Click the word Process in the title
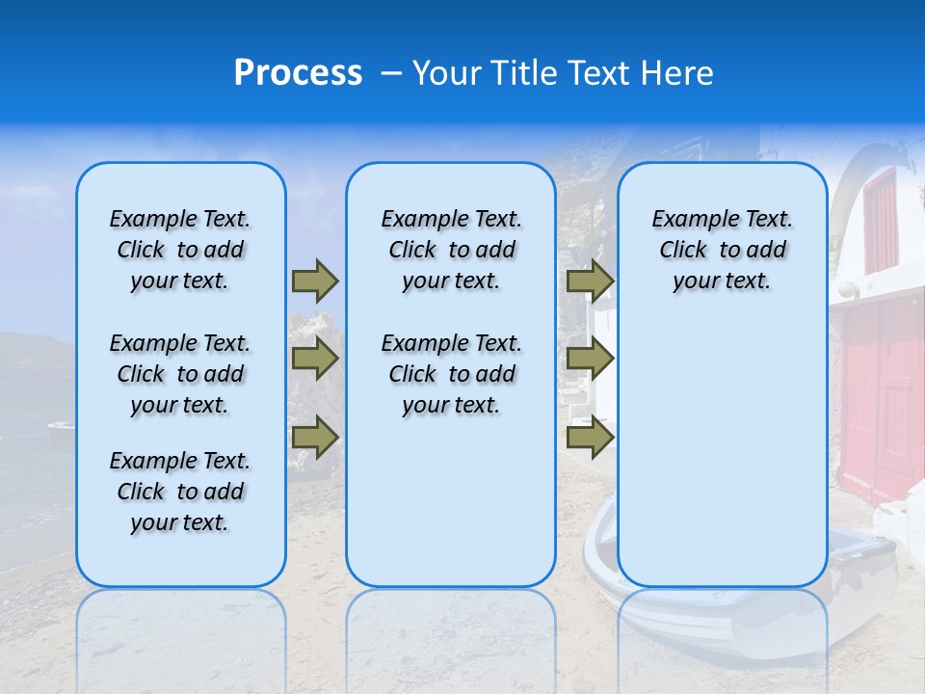click(298, 73)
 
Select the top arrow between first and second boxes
click(315, 280)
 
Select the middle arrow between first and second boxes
click(315, 359)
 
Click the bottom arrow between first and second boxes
click(315, 438)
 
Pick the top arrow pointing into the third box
click(590, 280)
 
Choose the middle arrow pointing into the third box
click(590, 359)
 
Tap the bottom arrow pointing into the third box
click(590, 438)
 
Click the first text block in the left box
click(180, 250)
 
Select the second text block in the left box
click(180, 374)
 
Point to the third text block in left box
click(180, 492)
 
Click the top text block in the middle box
click(451, 250)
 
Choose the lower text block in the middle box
click(451, 374)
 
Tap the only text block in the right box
click(722, 250)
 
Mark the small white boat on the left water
click(61, 426)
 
